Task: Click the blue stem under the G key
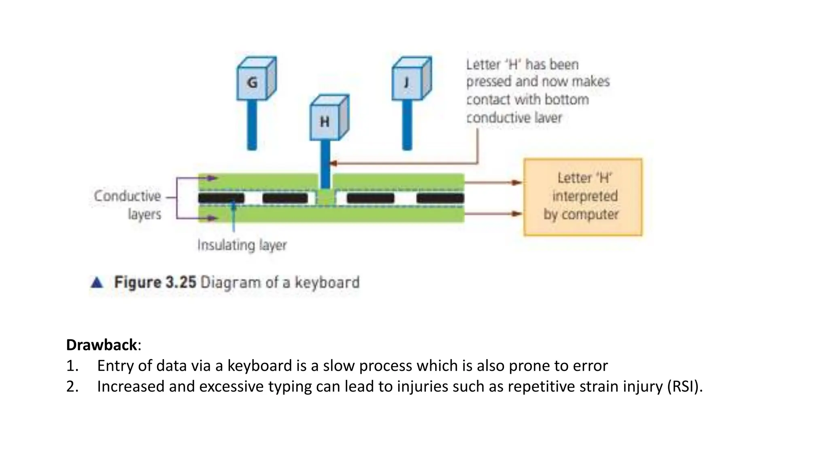click(252, 125)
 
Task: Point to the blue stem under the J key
click(407, 125)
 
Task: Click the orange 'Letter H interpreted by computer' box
click(582, 197)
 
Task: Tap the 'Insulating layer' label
click(242, 245)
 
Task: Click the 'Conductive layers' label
click(128, 205)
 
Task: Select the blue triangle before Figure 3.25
click(97, 282)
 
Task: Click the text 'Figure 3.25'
click(155, 282)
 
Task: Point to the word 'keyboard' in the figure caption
click(327, 282)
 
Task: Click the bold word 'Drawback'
click(102, 345)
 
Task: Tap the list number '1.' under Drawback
click(72, 366)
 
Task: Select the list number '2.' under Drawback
click(72, 387)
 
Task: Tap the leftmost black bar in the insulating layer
click(221, 198)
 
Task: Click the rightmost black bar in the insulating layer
click(440, 198)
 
